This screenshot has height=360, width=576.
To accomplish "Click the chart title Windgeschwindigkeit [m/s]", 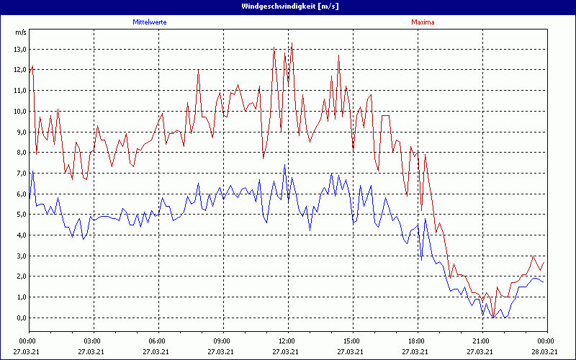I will coord(288,6).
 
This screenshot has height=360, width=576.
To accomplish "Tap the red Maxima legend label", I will coord(423,22).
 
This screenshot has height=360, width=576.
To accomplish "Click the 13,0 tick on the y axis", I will coord(20,50).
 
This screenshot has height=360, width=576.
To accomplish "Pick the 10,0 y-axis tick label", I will coord(20,112).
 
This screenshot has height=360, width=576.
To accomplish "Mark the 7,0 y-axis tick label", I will coord(20,174).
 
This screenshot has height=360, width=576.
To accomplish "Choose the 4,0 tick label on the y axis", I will coord(20,235).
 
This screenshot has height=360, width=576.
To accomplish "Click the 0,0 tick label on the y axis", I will coord(20,318).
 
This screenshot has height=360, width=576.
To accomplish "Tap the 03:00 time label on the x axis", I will coord(93,341).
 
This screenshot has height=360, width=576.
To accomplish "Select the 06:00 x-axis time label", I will coord(158,341).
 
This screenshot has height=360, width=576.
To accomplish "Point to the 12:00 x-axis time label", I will coord(287,341).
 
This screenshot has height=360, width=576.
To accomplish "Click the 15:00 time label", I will coord(351,341).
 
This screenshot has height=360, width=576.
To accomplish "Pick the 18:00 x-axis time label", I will coord(416,341).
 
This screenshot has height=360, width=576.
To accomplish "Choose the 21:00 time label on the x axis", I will coord(481,341).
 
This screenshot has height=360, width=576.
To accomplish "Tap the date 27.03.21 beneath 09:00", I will coord(222,352).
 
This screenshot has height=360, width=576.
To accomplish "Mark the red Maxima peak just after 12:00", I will coord(292,45).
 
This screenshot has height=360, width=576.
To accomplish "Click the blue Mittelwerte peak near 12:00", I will coord(284,166).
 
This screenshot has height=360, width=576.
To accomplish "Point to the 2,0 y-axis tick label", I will coord(20,276).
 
